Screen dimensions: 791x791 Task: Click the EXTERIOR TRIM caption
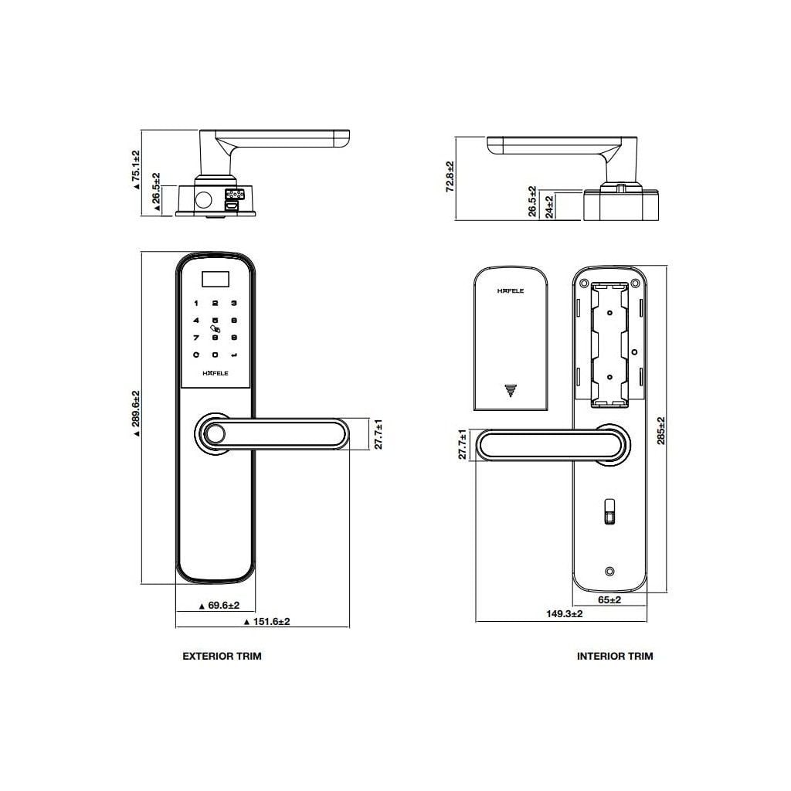tap(222, 656)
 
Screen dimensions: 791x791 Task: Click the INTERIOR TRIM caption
tap(615, 656)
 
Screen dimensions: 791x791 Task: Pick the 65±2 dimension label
tap(609, 600)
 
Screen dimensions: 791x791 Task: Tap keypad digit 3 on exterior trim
tap(233, 304)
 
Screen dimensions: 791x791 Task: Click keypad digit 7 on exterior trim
tap(196, 338)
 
